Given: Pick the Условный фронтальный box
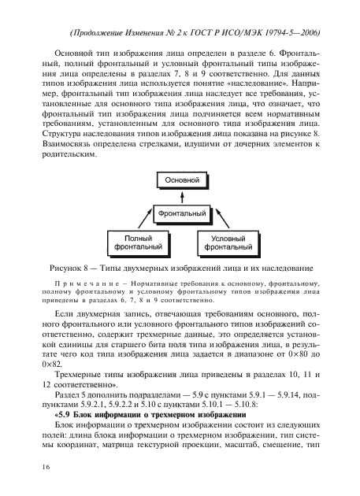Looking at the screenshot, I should pyautogui.click(x=232, y=242).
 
